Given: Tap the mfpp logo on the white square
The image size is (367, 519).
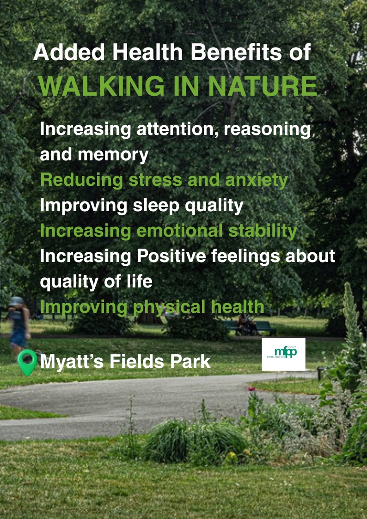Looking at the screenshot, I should point(283,354).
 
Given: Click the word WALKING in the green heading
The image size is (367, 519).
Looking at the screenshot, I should point(97,86).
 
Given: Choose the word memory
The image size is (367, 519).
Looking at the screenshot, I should point(113,155).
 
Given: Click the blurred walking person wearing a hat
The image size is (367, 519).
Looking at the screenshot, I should point(18,324).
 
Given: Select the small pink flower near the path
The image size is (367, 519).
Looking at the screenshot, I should point(251,389).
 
